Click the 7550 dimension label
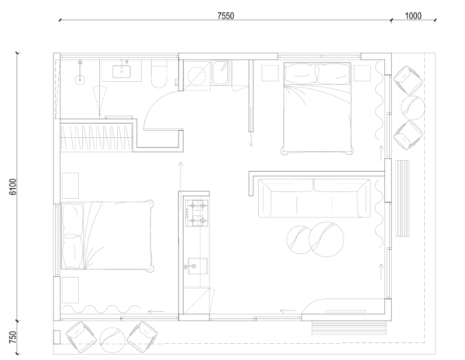tap(226, 15)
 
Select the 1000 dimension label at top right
tap(418, 15)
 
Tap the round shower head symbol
tap(80, 77)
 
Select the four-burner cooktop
tap(195, 213)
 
